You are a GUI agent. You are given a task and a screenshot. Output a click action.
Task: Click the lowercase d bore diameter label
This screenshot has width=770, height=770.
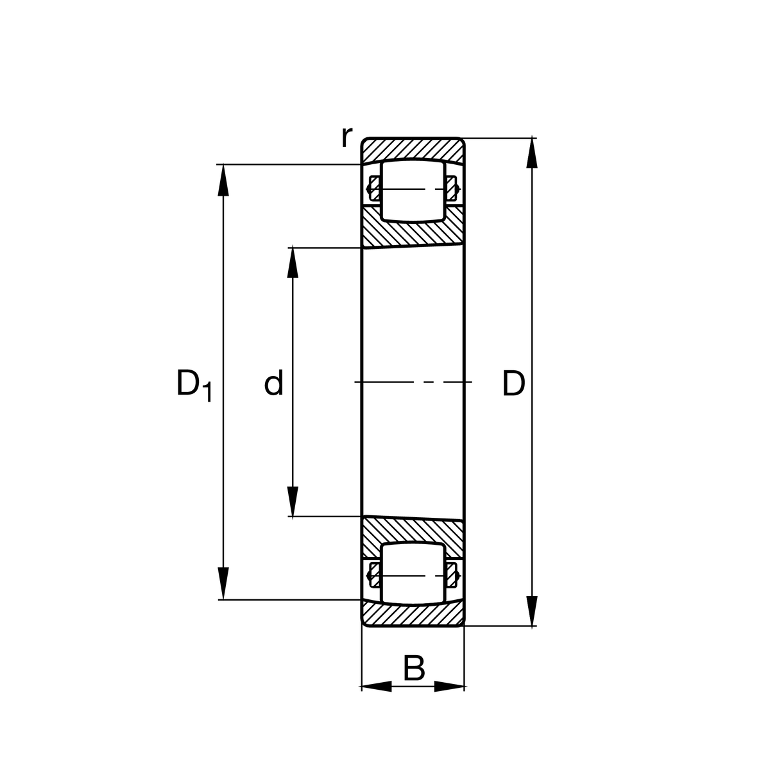click(x=274, y=384)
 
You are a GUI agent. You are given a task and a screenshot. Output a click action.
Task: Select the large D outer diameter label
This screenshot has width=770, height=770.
click(x=513, y=384)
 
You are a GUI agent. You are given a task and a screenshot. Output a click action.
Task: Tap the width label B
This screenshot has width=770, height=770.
click(x=414, y=669)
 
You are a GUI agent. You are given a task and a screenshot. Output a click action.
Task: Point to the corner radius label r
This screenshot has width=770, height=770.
click(x=346, y=136)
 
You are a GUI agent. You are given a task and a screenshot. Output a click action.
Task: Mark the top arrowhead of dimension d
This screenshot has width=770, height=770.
click(x=293, y=262)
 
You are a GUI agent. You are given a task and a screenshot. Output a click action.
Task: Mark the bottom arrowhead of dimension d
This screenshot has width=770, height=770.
click(x=293, y=502)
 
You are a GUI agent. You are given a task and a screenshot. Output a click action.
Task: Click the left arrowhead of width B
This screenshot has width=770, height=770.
click(x=377, y=687)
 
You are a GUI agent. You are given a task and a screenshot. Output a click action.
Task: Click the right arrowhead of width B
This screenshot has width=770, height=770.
click(x=449, y=687)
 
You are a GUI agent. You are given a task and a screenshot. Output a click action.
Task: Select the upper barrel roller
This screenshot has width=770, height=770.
click(x=413, y=191)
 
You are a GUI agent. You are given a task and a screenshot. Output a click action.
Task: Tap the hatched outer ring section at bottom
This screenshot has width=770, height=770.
click(x=413, y=616)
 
